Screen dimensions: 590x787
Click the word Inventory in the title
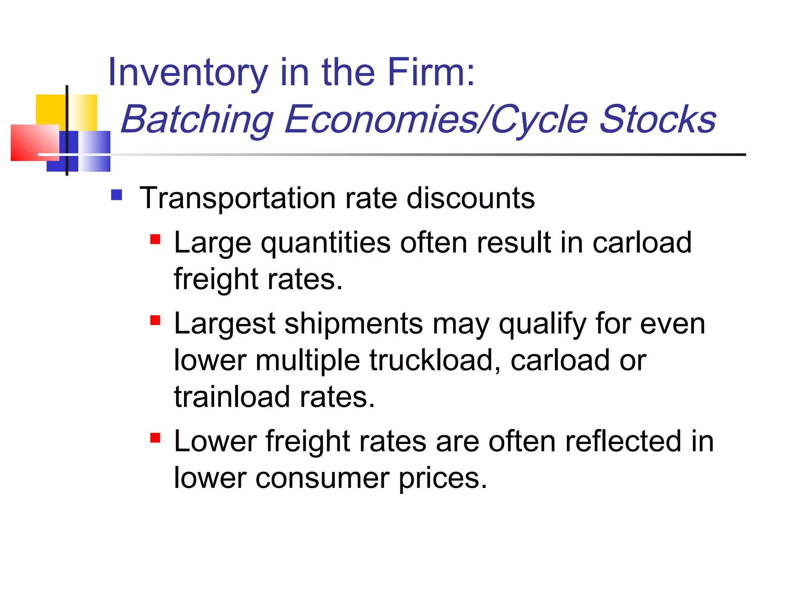(188, 72)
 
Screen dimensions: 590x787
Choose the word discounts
(470, 198)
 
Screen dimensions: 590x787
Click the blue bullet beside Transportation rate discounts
(116, 195)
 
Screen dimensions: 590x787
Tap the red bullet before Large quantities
(155, 240)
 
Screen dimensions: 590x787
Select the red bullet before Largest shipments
(155, 320)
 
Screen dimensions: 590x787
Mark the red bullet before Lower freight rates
(155, 438)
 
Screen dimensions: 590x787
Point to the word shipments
(354, 323)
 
